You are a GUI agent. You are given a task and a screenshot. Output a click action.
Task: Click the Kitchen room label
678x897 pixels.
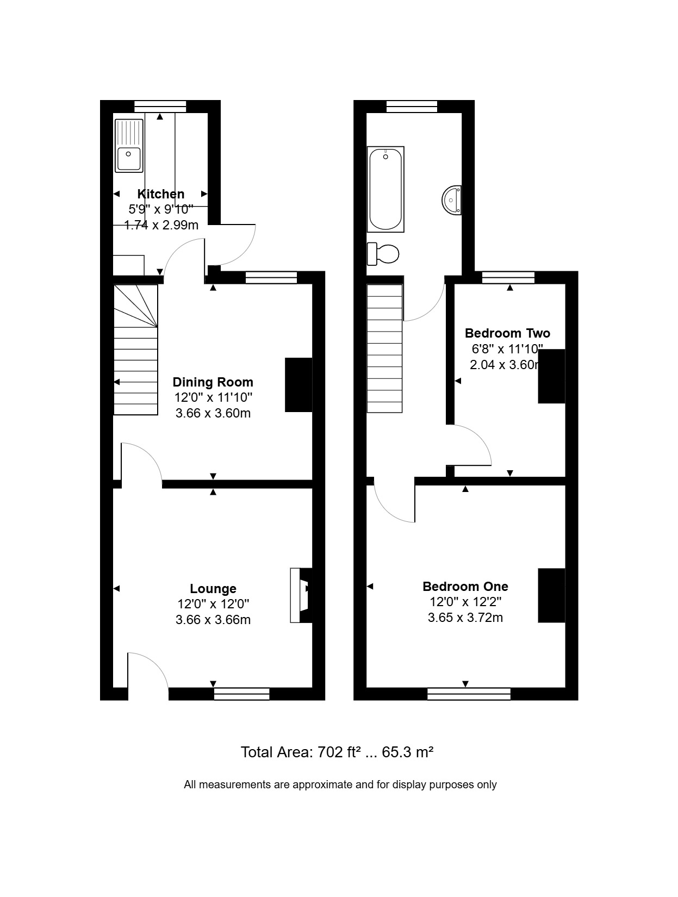pos(160,194)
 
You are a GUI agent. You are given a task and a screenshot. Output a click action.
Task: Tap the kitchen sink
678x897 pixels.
pos(129,146)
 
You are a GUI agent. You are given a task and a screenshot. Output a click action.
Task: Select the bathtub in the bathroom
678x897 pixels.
pos(385,189)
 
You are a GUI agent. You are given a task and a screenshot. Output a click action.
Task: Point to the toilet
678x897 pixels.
pos(383,254)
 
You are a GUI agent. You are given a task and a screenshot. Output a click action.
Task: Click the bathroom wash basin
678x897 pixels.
pos(452,200)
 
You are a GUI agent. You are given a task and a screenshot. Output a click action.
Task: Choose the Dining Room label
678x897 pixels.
pos(213,382)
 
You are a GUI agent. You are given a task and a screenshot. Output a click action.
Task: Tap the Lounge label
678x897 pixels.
pos(213,588)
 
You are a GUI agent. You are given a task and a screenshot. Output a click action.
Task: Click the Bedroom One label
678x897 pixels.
pos(465,587)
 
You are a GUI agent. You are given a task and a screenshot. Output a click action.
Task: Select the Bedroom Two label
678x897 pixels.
pos(507,333)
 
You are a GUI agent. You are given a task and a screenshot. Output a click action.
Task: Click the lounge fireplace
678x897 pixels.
pos(302,595)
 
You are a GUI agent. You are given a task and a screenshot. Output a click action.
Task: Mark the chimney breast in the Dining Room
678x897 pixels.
pos(298,384)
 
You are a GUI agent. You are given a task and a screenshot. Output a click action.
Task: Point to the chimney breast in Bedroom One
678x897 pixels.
pos(551,595)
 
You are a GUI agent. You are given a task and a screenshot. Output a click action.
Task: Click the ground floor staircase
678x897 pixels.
pos(135,350)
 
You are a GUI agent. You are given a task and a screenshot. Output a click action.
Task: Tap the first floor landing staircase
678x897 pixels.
pos(384,348)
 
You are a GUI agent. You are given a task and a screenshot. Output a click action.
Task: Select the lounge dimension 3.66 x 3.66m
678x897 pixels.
pos(213,620)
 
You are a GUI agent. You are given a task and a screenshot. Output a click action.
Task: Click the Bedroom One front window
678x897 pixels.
pos(469,694)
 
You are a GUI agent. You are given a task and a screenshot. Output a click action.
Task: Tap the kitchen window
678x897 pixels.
pos(160,106)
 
